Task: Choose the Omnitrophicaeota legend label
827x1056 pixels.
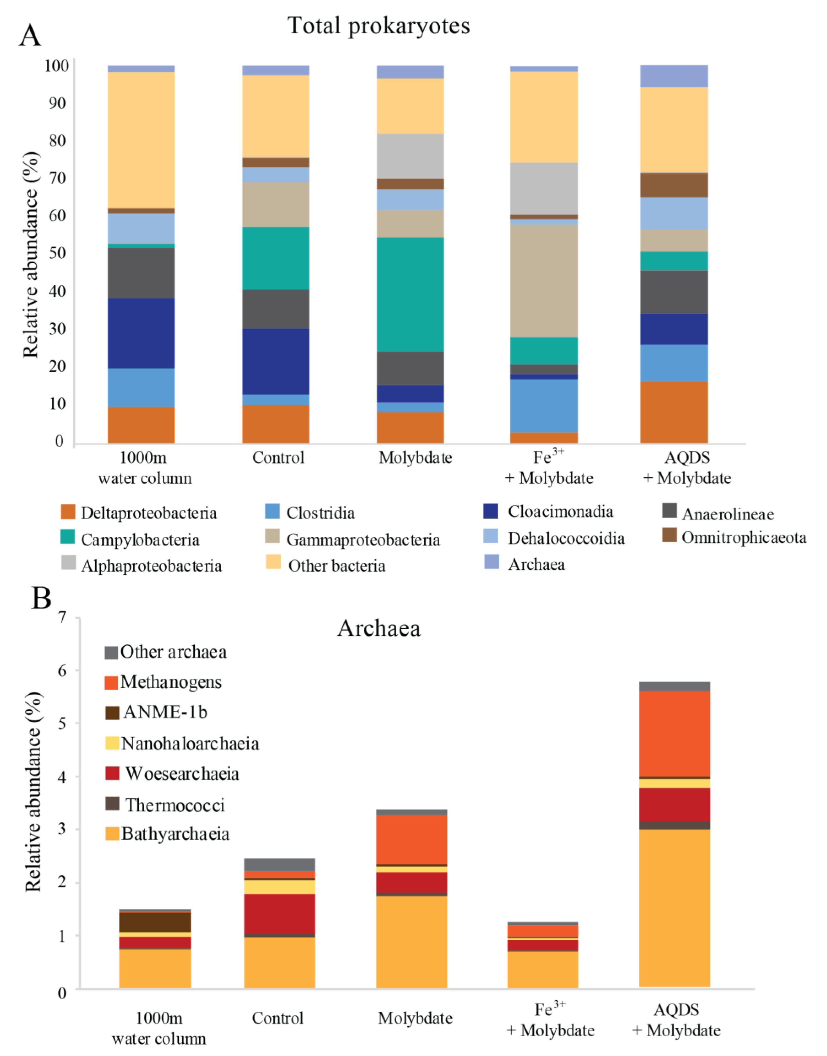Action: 744,537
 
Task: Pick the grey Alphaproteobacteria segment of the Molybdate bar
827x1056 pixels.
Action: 410,156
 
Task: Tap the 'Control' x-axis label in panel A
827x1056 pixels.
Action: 278,457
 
